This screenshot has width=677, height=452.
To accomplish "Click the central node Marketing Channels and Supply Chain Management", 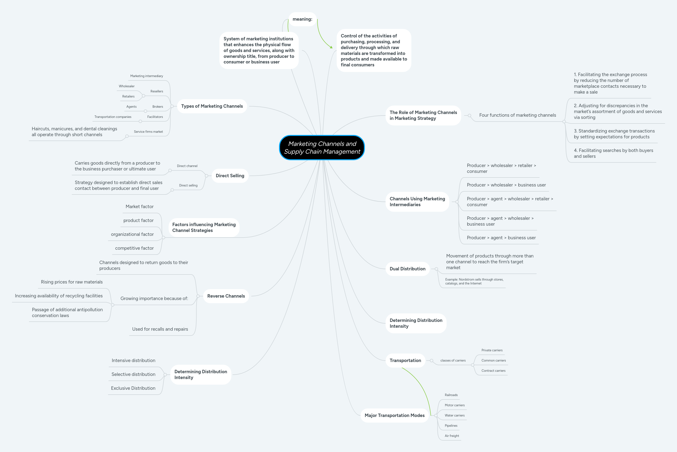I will (x=322, y=148).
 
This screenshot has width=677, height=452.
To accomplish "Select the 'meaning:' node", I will (x=302, y=19).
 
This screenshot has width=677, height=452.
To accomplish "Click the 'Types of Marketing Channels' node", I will (x=212, y=106).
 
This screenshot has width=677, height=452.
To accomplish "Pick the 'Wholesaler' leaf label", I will (x=126, y=86).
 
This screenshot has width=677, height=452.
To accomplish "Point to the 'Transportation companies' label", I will (x=113, y=117).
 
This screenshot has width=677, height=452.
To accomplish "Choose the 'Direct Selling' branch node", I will (x=230, y=176).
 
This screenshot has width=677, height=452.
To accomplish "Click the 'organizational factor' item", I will (x=132, y=234).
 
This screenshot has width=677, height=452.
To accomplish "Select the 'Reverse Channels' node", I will (x=226, y=296).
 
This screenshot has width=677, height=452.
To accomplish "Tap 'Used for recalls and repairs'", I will (x=160, y=329).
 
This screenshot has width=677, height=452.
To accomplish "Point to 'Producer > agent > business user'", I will (x=501, y=238).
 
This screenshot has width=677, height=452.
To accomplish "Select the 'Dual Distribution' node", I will (x=407, y=269).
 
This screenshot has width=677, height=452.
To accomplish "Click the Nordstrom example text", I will (x=474, y=281).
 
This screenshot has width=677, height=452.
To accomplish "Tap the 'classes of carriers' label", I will (x=453, y=360).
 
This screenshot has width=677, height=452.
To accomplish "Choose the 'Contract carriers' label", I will (x=493, y=371).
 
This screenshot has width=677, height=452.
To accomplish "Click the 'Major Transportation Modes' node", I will (x=394, y=415).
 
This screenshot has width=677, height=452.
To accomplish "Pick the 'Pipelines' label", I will (x=451, y=425).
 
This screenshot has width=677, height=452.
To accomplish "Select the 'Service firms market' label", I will (x=148, y=132).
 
